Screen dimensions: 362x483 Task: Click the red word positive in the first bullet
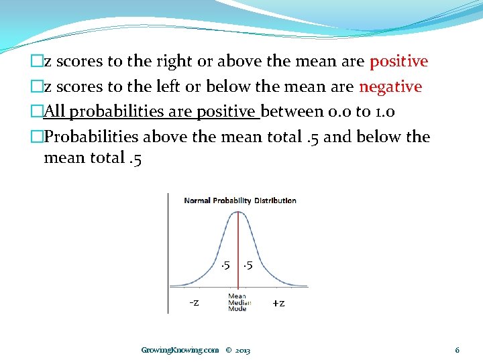pos(398,62)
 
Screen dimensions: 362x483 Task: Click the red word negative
pos(390,86)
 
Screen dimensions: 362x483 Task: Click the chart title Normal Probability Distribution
pos(240,200)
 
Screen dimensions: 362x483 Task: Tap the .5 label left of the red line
pos(225,265)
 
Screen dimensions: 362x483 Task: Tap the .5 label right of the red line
pos(248,265)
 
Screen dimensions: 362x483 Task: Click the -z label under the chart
pos(193,302)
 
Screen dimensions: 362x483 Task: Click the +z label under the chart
pos(278,302)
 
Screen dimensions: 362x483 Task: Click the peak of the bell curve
pos(237,212)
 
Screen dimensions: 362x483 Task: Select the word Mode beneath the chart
pos(237,308)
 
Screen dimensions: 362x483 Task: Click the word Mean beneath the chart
pos(237,296)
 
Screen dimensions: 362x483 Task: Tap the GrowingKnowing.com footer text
pos(180,350)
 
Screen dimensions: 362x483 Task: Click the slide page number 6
pos(457,350)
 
